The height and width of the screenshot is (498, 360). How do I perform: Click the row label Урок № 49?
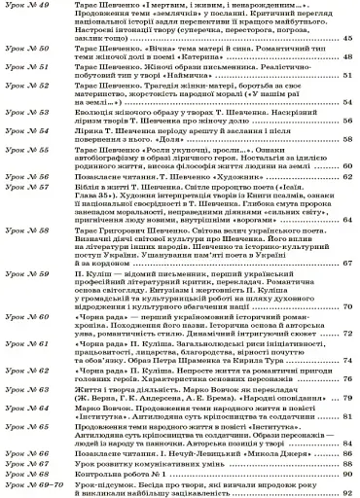[x=30, y=7]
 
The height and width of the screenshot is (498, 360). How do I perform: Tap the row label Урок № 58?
[x=30, y=230]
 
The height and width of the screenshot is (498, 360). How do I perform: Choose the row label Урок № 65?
[x=30, y=426]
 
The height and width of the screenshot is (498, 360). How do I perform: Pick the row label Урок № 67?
[x=30, y=462]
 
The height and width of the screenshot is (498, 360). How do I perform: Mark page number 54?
[x=347, y=102]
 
